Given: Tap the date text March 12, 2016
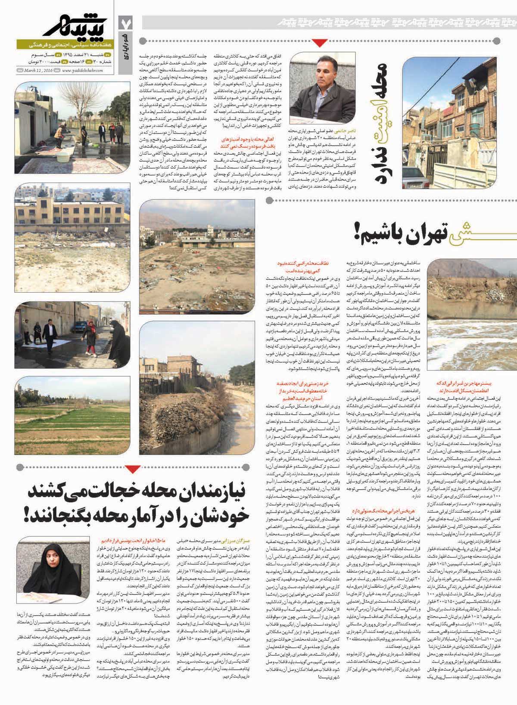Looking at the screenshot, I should (38, 71).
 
